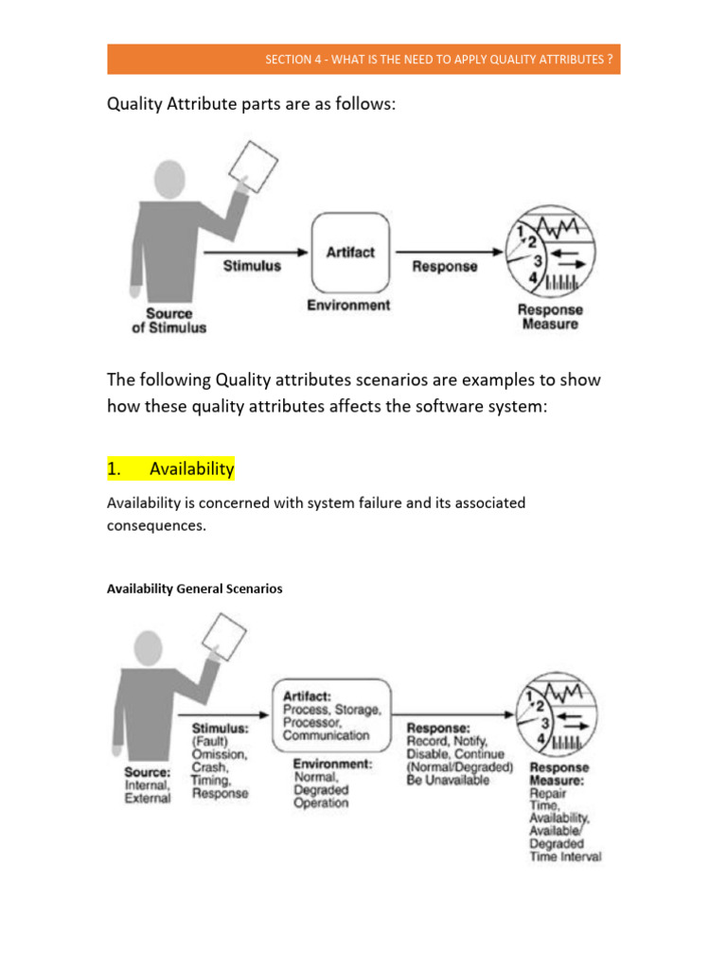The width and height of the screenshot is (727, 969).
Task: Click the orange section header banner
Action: tap(363, 59)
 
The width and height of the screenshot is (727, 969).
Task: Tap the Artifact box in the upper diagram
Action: tap(349, 253)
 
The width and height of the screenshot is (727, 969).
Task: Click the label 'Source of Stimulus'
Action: tap(168, 320)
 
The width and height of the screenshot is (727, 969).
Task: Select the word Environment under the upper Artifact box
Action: tap(348, 305)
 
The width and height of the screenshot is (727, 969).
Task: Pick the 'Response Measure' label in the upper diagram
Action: tap(550, 316)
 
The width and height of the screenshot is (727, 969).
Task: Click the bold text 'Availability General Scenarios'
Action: tap(194, 589)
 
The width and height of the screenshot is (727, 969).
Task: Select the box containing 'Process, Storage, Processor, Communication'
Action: tap(331, 710)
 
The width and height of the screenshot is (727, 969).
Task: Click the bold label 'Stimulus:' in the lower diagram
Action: tap(221, 729)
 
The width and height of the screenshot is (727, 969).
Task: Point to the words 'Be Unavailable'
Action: tap(449, 780)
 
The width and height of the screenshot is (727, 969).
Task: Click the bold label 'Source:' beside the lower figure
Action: tap(147, 771)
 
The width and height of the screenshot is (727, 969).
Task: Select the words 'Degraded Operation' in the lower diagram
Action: tap(321, 796)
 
